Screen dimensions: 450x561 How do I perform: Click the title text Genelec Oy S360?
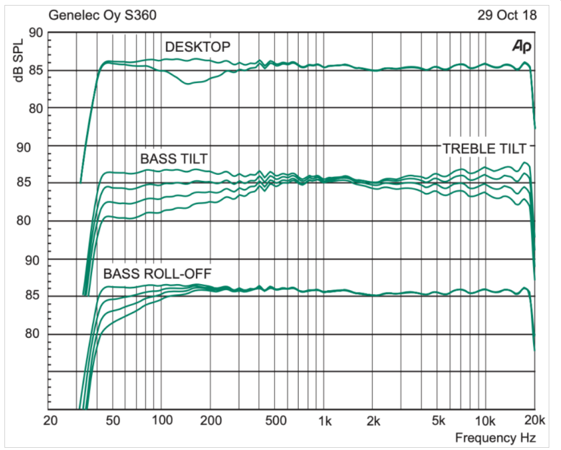pyautogui.click(x=102, y=15)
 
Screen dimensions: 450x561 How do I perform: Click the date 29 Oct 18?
pyautogui.click(x=507, y=15)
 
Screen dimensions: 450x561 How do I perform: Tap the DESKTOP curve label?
pyautogui.click(x=197, y=47)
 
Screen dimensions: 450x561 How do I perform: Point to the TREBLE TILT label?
pyautogui.click(x=484, y=149)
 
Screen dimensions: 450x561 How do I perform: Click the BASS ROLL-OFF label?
pyautogui.click(x=156, y=274)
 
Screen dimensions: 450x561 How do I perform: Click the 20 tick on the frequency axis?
pyautogui.click(x=51, y=420)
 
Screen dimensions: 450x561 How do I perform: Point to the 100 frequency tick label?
pyautogui.click(x=161, y=420)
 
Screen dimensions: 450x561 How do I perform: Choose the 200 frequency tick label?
pyautogui.click(x=210, y=420)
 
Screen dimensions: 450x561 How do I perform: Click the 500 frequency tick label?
pyautogui.click(x=274, y=420)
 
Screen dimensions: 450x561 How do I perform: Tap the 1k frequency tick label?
pyautogui.click(x=325, y=420)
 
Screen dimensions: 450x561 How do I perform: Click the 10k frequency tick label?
pyautogui.click(x=485, y=420)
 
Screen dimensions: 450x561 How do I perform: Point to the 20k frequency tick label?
pyautogui.click(x=534, y=420)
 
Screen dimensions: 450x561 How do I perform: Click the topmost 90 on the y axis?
pyautogui.click(x=36, y=33)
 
